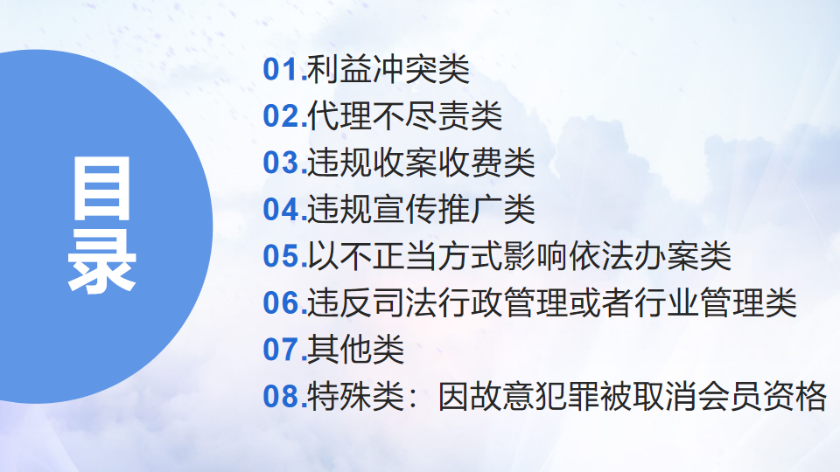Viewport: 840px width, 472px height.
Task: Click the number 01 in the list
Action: (x=281, y=70)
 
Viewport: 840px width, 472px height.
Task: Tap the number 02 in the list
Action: (x=281, y=116)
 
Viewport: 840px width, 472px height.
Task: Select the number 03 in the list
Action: (x=281, y=163)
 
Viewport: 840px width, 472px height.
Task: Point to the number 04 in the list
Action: (x=281, y=209)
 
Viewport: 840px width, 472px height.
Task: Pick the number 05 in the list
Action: (x=281, y=256)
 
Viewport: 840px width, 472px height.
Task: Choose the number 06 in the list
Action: (x=281, y=303)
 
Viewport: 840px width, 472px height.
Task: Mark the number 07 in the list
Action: (x=281, y=350)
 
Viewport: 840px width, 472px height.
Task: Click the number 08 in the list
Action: (x=281, y=396)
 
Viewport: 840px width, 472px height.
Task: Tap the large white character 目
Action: (x=101, y=189)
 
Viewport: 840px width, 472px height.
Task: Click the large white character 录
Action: (x=101, y=261)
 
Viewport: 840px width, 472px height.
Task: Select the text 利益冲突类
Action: (x=388, y=70)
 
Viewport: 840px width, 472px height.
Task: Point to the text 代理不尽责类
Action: (x=405, y=116)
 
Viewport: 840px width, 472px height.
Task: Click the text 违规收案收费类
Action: (x=421, y=163)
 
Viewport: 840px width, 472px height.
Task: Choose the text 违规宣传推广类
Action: (x=421, y=209)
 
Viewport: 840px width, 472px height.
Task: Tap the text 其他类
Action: (x=356, y=350)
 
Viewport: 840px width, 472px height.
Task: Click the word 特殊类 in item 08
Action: (x=356, y=396)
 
